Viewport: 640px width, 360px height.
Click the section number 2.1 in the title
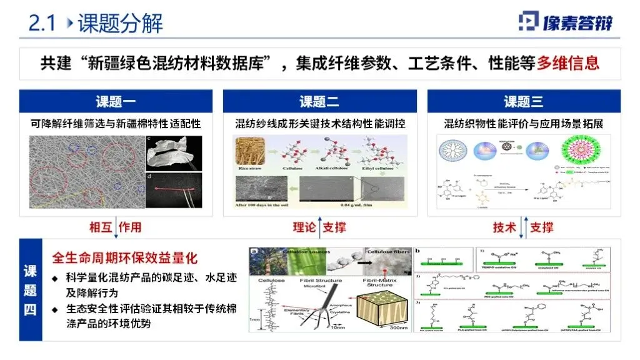42,23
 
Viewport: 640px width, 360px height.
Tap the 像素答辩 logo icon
528,21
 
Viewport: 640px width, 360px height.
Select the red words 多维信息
569,62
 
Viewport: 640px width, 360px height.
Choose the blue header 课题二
319,101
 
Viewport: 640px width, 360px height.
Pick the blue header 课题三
523,101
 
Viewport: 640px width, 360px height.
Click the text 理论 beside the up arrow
304,227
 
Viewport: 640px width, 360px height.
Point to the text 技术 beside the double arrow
504,227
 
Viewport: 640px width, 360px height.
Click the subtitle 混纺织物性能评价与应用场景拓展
523,123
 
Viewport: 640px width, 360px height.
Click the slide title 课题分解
120,23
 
